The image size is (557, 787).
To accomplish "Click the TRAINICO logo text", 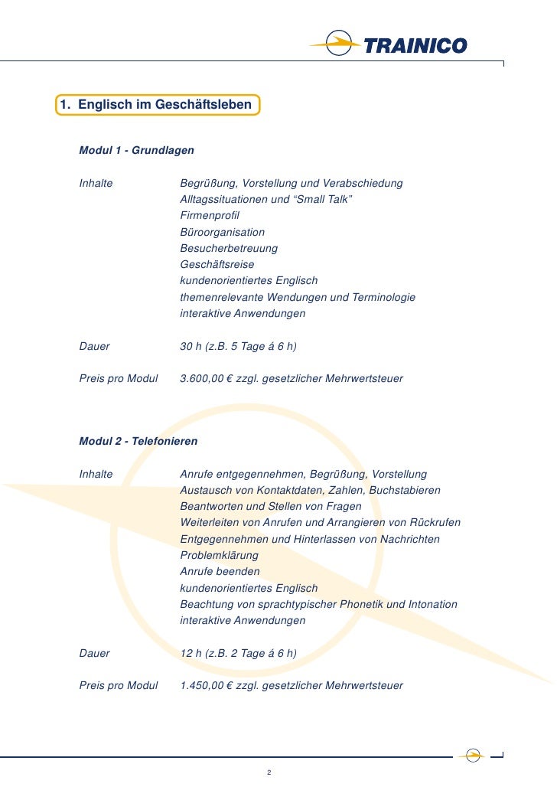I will click(415, 46).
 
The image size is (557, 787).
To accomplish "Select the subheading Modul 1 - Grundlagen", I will click(136, 151).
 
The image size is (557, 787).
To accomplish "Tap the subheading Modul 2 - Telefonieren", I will click(138, 442).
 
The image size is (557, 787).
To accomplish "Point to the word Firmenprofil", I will click(210, 216).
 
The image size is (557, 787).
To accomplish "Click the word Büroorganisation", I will click(222, 232).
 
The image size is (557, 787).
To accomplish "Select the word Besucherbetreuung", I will click(229, 248).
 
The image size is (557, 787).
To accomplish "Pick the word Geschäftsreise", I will click(217, 264).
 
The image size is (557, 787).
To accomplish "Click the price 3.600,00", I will click(202, 379).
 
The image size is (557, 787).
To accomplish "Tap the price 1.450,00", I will click(202, 686).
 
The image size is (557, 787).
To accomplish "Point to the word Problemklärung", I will click(219, 555).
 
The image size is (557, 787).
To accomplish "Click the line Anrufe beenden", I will click(220, 572).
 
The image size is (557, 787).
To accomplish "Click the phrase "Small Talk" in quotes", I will click(322, 200).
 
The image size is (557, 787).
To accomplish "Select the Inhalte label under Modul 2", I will click(96, 475).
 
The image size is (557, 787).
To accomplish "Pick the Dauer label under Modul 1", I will click(94, 347).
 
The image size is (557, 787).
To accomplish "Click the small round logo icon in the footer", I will click(474, 754).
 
